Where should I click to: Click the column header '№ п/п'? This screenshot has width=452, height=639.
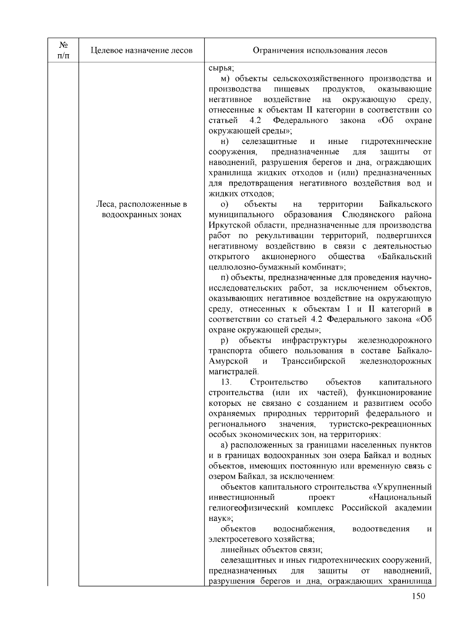point(63,50)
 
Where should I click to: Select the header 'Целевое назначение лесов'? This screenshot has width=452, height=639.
point(142,50)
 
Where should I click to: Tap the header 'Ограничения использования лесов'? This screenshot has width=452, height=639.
point(320,50)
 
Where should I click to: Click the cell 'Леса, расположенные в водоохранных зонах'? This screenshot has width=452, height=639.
point(142,210)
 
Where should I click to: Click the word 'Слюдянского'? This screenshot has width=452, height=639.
point(369,215)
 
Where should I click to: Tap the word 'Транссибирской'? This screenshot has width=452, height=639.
point(313,361)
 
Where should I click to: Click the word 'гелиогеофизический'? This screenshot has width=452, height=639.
point(249,508)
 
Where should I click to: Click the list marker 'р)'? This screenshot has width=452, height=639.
point(225,340)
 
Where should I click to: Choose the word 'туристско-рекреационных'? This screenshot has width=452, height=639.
point(380,424)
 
